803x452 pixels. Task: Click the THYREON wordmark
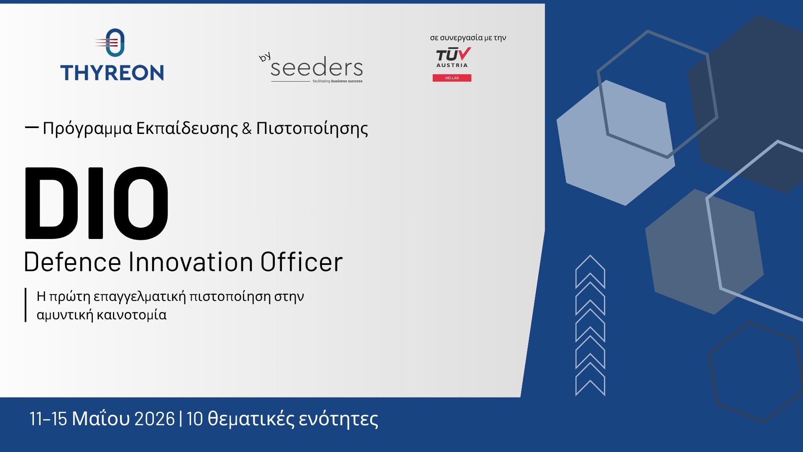(x=112, y=73)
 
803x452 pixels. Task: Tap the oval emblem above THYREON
(x=115, y=43)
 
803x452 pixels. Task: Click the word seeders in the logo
(x=317, y=67)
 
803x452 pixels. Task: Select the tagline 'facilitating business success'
(x=338, y=81)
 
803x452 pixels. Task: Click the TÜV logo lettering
(x=453, y=55)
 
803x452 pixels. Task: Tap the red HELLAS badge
(x=452, y=78)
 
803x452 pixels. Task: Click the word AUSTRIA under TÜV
(x=452, y=65)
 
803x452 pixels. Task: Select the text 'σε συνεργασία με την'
(x=468, y=38)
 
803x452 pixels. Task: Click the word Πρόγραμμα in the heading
(x=87, y=128)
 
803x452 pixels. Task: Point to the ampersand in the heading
(x=247, y=128)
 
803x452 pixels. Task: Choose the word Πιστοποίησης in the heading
(x=312, y=128)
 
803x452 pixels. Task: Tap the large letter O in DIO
(x=141, y=203)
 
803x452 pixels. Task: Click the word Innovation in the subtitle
(x=191, y=262)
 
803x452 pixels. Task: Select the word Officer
(x=302, y=262)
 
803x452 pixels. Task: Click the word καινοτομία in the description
(x=131, y=315)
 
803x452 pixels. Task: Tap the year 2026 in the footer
(x=155, y=419)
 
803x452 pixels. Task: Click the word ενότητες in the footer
(x=338, y=419)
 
